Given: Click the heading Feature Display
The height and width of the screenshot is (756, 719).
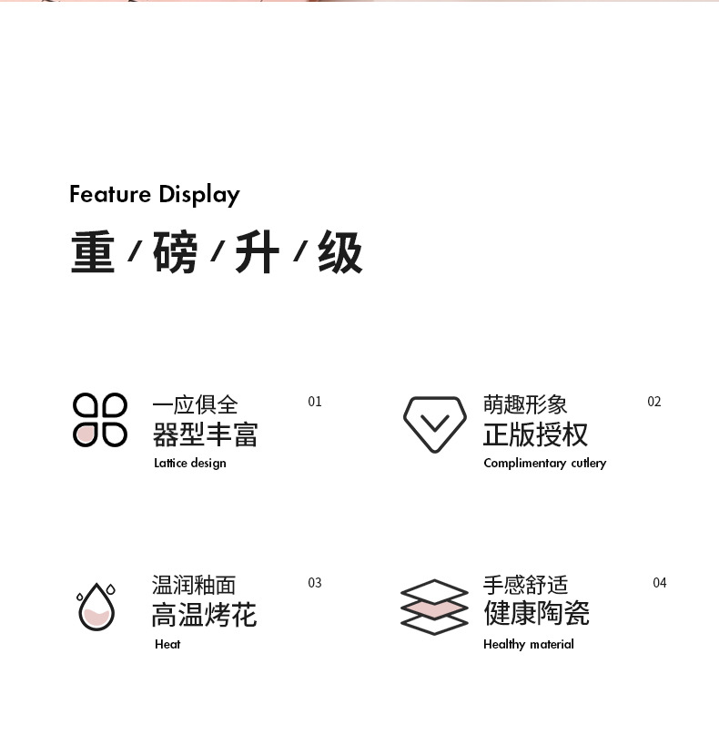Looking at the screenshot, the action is click(155, 194).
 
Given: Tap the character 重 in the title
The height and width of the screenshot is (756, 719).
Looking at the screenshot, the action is click(93, 252).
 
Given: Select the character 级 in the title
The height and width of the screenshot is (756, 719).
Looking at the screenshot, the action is click(339, 252).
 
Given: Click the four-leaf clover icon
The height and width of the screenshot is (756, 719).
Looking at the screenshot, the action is click(100, 420).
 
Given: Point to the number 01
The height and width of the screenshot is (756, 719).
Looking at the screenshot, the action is click(315, 402).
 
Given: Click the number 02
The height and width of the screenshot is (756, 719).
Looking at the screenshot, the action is click(654, 402).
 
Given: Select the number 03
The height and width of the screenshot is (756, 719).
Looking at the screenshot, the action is click(315, 583).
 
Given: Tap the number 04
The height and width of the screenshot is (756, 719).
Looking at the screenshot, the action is click(660, 583).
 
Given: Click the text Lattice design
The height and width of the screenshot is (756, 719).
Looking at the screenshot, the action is click(190, 463).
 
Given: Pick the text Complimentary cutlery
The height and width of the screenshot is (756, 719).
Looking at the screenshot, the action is click(544, 463).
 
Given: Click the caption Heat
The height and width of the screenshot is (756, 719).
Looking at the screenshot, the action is click(167, 644).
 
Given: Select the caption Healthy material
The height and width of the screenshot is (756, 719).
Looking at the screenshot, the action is click(529, 644).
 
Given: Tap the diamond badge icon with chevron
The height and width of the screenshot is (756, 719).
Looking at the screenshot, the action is click(434, 424).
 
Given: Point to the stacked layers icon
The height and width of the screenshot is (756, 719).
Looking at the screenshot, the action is click(434, 607).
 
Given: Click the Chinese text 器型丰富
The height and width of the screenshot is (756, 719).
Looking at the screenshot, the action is click(205, 434).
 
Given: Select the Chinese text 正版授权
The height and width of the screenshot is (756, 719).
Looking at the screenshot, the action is click(536, 434).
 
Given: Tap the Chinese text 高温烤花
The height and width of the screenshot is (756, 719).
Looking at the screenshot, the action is click(205, 615).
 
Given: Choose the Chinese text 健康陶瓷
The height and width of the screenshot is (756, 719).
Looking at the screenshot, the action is click(536, 613).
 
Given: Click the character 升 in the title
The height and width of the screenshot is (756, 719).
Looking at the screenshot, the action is click(257, 252).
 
